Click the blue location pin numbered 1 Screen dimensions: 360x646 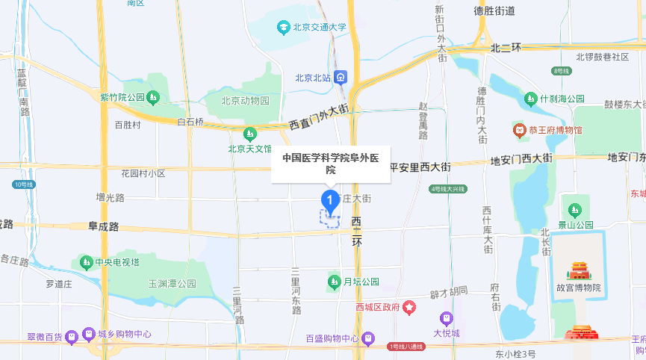(329, 200)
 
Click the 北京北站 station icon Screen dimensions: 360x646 (341, 77)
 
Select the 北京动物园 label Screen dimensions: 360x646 (245, 101)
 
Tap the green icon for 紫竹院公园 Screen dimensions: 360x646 (152, 97)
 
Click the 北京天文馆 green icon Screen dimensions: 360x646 (249, 134)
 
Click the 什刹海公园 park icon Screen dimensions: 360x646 (530, 99)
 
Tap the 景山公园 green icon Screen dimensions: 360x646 (575, 209)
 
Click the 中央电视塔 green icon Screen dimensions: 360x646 (85, 262)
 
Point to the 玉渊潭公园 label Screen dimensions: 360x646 (172, 284)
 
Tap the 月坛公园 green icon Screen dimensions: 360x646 (334, 282)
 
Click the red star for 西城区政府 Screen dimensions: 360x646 (409, 307)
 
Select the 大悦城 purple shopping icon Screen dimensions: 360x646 (447, 317)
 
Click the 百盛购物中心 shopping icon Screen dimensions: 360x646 (368, 338)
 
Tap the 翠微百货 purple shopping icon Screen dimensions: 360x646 (71, 336)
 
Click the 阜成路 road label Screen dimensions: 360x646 (104, 226)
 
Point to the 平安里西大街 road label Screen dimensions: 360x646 (420, 167)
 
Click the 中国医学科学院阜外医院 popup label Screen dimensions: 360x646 (331, 164)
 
